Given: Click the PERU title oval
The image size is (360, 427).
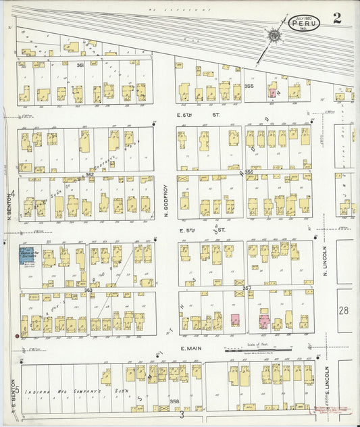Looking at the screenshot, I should coord(305,23).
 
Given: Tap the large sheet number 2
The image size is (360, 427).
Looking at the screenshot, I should coord(336,18).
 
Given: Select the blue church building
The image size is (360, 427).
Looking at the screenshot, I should coord(29,257).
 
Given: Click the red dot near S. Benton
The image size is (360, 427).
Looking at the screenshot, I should coord(17,334).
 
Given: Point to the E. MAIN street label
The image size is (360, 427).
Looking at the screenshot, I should coord(192,349).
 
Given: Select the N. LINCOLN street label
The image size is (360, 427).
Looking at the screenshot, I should coord(325,263).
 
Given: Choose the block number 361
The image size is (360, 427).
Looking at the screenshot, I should coord(80,65).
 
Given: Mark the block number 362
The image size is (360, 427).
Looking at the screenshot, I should coord(89,174).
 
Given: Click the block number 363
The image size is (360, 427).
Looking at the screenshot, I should coord(88,289).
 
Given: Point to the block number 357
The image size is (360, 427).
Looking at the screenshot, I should coord(247,288).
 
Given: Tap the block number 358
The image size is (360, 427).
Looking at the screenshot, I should coord(174,401).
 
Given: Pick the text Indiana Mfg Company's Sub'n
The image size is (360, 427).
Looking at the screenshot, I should coord(68,392).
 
